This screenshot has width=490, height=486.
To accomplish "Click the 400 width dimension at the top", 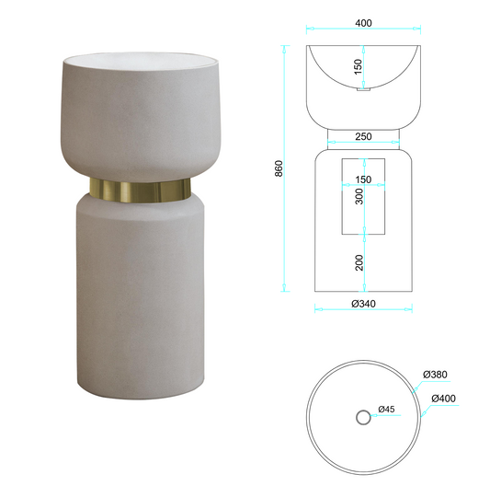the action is (363, 23).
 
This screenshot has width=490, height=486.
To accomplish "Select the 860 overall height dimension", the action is (279, 168).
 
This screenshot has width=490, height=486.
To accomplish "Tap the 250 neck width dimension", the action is (363, 136).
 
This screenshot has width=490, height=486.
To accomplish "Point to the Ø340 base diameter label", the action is (363, 304).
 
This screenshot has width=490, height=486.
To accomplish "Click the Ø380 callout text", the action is (435, 375).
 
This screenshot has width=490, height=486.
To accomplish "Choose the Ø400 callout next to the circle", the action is (443, 399).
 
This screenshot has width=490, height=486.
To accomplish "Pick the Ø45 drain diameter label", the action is (386, 409).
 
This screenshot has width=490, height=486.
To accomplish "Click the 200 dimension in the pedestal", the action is (359, 262).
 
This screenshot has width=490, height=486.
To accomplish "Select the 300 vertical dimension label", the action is (359, 196).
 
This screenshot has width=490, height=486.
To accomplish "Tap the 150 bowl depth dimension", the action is (359, 66).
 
